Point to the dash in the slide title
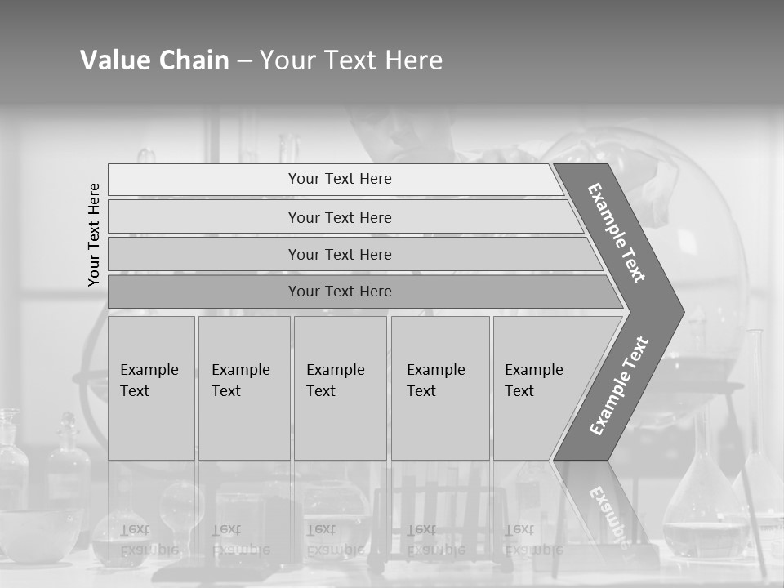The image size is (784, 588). pos(244,61)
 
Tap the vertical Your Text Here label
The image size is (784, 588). pos(94,234)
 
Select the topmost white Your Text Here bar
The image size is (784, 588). pos(339,179)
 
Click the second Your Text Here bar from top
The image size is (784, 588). pos(339,217)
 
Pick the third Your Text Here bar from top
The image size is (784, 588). pos(339,254)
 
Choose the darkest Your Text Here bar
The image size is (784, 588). pos(339,292)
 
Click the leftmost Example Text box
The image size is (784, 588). pos(151,388)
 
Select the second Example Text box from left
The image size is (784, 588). pos(243,388)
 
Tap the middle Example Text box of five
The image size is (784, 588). pos(340,388)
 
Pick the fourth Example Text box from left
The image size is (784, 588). pos(439,388)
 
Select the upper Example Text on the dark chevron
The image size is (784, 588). pos(617,233)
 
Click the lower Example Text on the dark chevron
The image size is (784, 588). pos(618,385)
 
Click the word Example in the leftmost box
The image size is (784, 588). pos(149,370)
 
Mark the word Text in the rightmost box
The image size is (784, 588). pos(519,391)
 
